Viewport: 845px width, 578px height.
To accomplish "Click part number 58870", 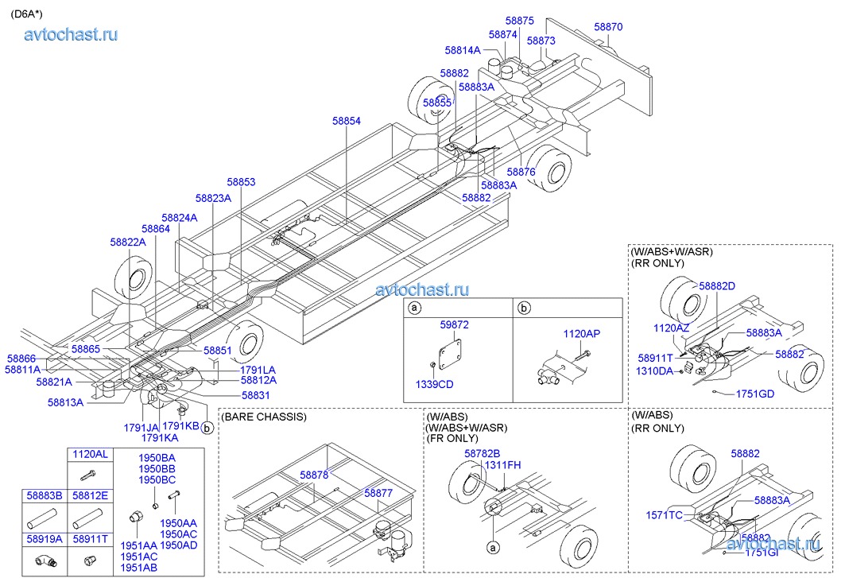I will coord(608,27).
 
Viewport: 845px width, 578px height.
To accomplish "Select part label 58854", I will coord(347,121).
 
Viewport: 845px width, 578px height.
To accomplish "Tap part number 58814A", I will coord(463,50).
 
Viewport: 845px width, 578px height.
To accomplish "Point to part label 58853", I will coord(241,182).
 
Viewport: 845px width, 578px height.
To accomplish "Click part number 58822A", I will coord(128,242).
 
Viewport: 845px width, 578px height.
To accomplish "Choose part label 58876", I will coord(521,172).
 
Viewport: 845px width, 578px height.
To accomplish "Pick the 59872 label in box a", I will coord(455,325).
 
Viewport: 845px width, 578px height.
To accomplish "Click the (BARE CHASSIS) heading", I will coord(264,416).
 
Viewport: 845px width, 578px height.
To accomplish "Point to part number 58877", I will coord(378,493).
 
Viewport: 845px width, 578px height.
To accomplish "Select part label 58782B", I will coord(482,453).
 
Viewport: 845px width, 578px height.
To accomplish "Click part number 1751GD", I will coord(754,394).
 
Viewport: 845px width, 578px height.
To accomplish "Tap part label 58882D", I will coord(717,286).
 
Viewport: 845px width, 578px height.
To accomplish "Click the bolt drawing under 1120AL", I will coord(88,475).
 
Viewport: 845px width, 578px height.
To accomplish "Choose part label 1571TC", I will coord(664,515).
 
